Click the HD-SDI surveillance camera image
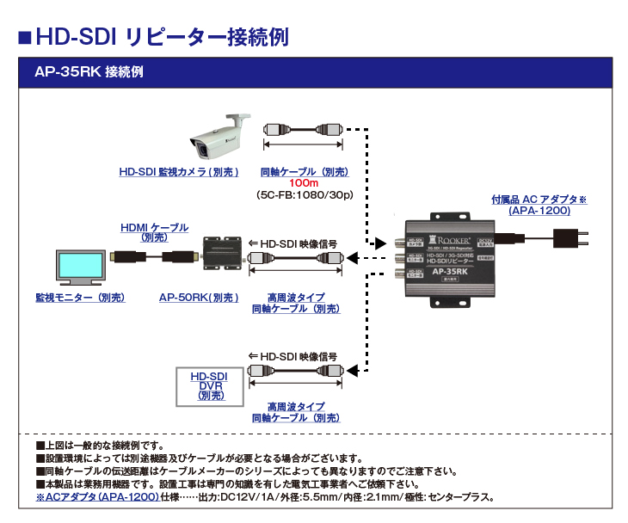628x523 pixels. (x=219, y=138)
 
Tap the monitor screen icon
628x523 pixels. (x=79, y=268)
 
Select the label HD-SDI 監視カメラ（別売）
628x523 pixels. (x=178, y=172)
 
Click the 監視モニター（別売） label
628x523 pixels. (x=80, y=297)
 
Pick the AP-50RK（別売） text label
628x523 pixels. (x=199, y=297)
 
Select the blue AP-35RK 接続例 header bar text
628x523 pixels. (x=89, y=73)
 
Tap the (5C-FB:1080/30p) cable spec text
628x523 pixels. (x=305, y=195)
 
